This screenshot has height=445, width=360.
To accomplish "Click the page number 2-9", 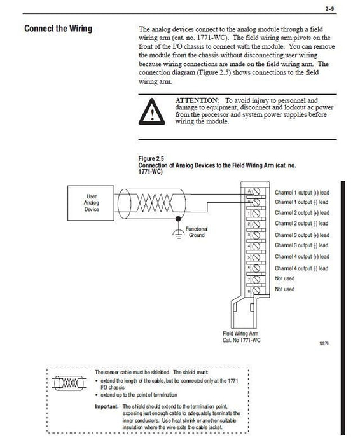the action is coord(329,9).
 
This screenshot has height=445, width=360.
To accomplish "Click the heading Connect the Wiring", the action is coord(59,29).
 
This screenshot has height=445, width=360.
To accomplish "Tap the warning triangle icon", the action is coord(151,111).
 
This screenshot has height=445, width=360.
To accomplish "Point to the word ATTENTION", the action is coord(197,100).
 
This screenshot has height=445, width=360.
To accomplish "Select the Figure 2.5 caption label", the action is coord(151,159).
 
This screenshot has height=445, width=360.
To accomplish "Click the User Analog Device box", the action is coord(91,203).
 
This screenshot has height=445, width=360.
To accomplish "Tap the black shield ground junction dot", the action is coord(178,219).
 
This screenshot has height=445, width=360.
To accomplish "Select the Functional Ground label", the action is coord(197,232).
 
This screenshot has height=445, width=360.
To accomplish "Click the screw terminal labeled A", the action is coord(256,191).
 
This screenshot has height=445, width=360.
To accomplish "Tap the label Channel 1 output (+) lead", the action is coord(302,193).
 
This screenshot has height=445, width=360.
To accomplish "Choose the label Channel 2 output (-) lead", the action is coord(301,224).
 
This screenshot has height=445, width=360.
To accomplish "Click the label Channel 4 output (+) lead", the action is coord(302,257).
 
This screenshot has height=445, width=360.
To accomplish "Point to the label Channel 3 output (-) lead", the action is coord(301,245).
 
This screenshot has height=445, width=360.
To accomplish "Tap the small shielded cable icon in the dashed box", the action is coord(69,383).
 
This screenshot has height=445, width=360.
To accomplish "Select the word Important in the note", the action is coord(107,407).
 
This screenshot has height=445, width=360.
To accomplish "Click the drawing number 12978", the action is coord(324,343).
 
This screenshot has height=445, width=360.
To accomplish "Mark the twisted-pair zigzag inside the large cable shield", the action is coord(155,203).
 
